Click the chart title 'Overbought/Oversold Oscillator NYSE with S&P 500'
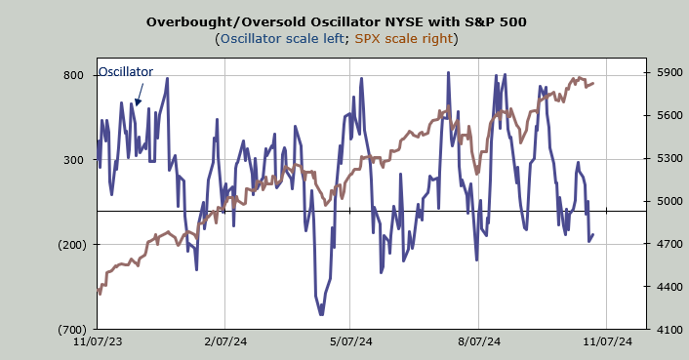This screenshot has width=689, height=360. (336, 21)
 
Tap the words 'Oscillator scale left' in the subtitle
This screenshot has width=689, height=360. (282, 39)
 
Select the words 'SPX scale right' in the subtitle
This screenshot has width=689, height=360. (404, 39)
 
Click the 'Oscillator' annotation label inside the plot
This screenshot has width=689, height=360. (126, 71)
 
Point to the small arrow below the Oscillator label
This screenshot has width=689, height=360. (139, 95)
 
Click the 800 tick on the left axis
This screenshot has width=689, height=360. (73, 75)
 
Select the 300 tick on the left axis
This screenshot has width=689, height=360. (73, 160)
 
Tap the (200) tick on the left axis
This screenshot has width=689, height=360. (72, 245)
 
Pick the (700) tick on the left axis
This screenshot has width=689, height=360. (72, 330)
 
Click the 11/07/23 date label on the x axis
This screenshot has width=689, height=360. (98, 341)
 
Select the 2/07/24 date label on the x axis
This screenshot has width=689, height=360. (225, 341)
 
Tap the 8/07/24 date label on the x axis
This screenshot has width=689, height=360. (479, 341)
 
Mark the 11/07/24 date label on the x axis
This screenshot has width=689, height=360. (608, 341)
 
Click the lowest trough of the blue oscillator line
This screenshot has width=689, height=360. (321, 314)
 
